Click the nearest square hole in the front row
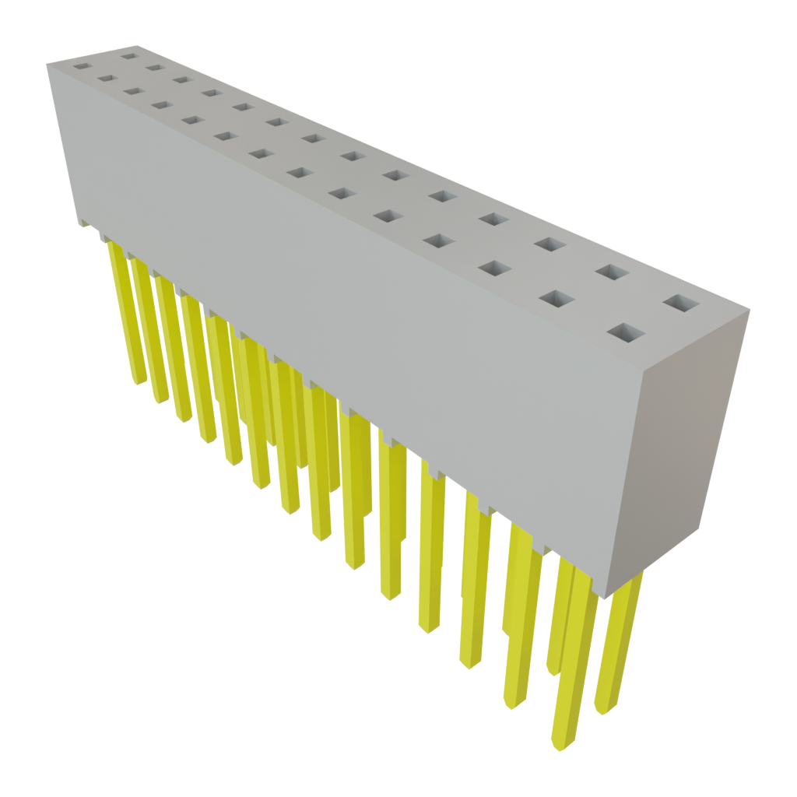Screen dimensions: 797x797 (x=626, y=334)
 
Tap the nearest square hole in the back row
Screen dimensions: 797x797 (x=681, y=303)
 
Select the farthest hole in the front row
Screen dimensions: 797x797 (x=82, y=67)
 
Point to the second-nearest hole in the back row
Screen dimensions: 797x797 (x=613, y=272)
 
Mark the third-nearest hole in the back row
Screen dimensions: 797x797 (x=549, y=245)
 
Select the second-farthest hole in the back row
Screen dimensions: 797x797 (x=154, y=67)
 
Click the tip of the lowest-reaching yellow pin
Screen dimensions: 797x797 (x=560, y=748)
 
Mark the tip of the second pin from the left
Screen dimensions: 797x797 (x=161, y=400)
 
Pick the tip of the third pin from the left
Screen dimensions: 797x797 (x=184, y=420)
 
